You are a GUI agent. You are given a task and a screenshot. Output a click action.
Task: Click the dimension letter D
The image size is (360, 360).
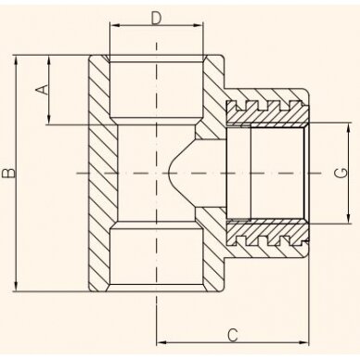(157, 19)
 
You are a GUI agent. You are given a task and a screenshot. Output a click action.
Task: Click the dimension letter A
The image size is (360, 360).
(43, 89)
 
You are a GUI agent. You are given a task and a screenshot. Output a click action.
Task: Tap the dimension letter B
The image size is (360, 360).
(8, 174)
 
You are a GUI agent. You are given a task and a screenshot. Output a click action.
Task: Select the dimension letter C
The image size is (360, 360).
(233, 335)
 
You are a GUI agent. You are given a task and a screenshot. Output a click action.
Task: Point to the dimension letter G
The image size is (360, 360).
(341, 174)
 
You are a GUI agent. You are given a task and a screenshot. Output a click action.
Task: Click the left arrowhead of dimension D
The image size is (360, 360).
(114, 26)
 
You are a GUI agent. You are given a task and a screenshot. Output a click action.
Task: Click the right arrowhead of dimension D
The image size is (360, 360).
(199, 26)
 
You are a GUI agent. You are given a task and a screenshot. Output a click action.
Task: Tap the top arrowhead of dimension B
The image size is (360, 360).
(16, 60)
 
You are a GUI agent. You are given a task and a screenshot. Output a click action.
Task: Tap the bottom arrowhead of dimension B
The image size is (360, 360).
(16, 286)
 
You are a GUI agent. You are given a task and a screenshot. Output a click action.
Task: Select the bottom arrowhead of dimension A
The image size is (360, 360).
(48, 120)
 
